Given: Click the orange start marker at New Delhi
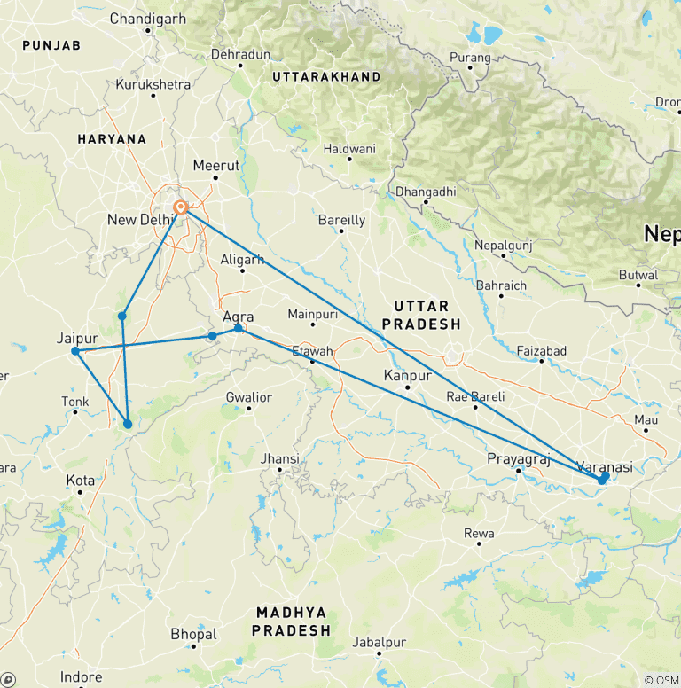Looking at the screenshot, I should (x=180, y=207).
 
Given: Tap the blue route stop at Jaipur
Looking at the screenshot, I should (x=75, y=351).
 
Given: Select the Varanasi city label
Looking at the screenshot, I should (x=605, y=466).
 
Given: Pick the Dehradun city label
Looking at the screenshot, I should (x=240, y=55).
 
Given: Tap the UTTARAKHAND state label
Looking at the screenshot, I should (x=326, y=77).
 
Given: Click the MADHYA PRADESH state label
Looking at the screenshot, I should (x=292, y=622).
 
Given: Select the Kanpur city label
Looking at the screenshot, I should (x=407, y=376).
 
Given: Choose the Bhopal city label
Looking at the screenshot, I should (x=193, y=635).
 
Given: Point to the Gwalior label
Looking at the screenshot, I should (x=249, y=397).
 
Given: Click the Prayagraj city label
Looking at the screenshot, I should (x=520, y=458).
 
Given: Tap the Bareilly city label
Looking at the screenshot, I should (x=342, y=220).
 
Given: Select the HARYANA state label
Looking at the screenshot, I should (x=112, y=139).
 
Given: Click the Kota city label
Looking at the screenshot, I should (x=81, y=480).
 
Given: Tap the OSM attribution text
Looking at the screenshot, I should (x=661, y=680).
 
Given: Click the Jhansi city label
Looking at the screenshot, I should (x=282, y=458).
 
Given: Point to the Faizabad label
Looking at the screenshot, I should (x=541, y=351).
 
